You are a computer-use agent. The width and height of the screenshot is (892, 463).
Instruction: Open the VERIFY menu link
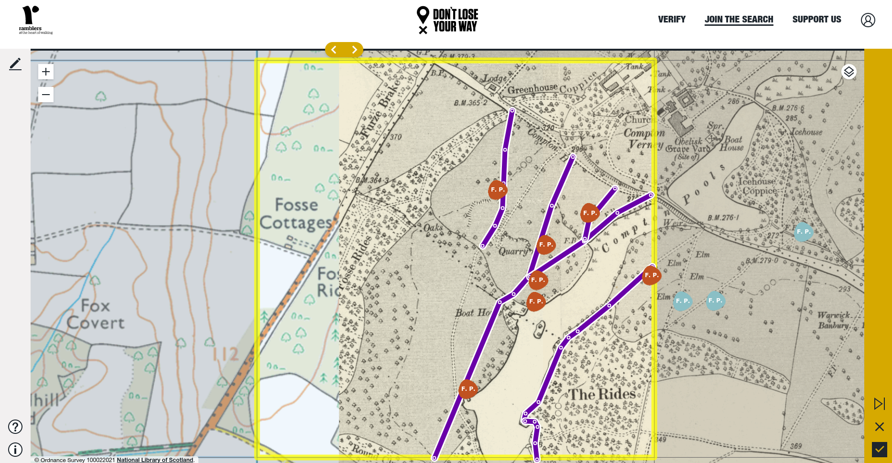click(x=672, y=20)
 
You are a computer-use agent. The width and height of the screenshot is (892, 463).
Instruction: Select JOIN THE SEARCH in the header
click(x=739, y=20)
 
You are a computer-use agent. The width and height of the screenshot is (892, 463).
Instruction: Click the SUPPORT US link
click(x=816, y=20)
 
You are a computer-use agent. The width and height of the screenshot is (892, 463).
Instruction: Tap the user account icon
click(x=868, y=20)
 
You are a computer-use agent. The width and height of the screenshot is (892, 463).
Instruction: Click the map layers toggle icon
click(x=848, y=72)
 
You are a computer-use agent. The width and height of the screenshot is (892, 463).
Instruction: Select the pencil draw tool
click(x=15, y=64)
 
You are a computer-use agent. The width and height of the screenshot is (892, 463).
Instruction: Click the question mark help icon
click(x=15, y=426)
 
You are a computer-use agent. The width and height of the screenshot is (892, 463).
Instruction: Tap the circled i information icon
click(x=15, y=450)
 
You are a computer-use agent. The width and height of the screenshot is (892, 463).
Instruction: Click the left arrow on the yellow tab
click(x=334, y=50)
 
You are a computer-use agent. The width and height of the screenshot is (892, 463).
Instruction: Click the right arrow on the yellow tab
click(x=354, y=50)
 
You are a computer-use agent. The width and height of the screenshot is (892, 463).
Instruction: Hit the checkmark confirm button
click(x=879, y=449)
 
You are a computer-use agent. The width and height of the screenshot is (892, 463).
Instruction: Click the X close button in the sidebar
click(x=879, y=426)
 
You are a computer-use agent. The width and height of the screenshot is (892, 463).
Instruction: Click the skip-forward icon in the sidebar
click(x=879, y=404)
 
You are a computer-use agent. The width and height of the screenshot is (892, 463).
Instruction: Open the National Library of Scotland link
click(x=155, y=460)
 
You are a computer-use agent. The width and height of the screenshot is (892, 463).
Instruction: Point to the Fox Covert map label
click(x=96, y=314)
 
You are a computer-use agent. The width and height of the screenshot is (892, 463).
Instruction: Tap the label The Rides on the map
click(x=601, y=394)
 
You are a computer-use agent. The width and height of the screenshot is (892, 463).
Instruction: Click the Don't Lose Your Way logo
click(x=447, y=20)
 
